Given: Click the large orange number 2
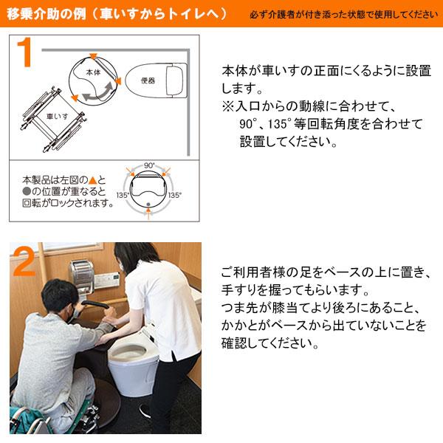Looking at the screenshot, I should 24,263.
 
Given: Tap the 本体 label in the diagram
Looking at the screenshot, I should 92,72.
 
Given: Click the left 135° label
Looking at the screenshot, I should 123,196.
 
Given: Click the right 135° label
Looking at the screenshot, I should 175,196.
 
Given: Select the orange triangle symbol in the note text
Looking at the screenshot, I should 92,180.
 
